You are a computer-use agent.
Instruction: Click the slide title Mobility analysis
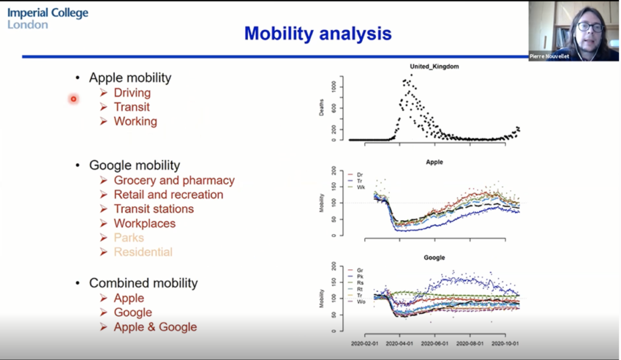click(x=318, y=33)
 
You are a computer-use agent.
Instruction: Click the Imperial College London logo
click(x=47, y=18)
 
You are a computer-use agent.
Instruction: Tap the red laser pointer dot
click(x=73, y=99)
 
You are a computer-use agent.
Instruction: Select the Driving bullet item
click(x=132, y=93)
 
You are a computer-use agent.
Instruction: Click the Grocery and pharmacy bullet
click(x=173, y=180)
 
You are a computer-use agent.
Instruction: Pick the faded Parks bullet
click(x=129, y=238)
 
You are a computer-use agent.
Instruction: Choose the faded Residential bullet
click(x=143, y=252)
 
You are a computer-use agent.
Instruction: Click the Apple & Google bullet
click(x=155, y=327)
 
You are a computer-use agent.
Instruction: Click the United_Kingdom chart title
click(x=434, y=66)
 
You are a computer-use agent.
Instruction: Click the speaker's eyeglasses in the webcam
click(x=589, y=27)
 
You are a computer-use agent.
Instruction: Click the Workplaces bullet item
click(x=144, y=224)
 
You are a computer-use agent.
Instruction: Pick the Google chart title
click(x=434, y=258)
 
